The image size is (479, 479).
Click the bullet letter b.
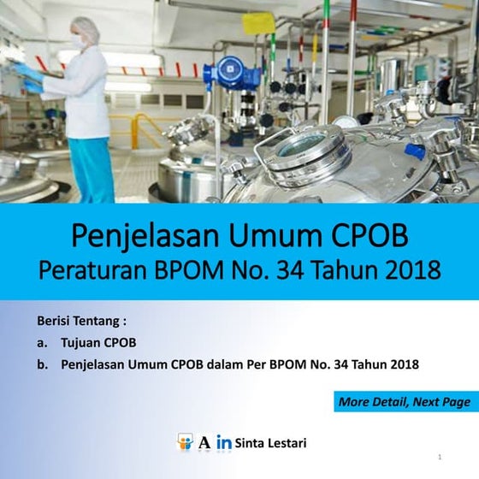42,364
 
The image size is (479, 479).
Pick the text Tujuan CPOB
98,343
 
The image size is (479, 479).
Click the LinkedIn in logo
224,443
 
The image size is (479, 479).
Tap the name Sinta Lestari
270,443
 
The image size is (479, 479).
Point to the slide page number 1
439,458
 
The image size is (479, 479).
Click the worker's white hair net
85,27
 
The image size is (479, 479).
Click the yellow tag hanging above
258,23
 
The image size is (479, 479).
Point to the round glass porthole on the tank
301,145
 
